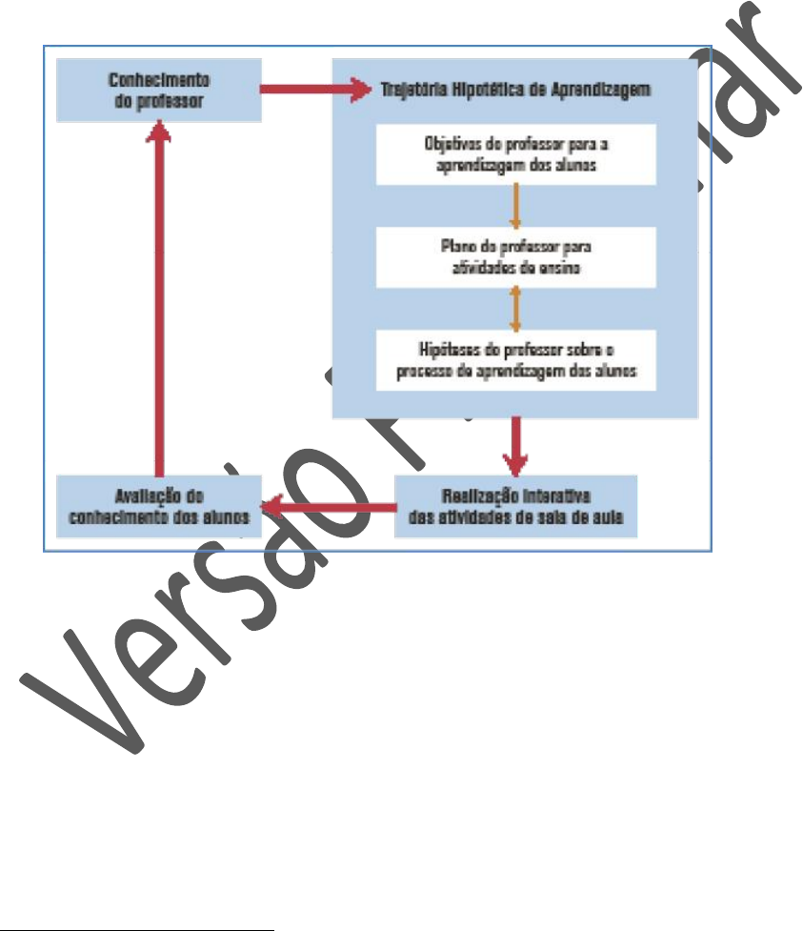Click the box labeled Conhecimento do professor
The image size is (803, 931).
coord(159,91)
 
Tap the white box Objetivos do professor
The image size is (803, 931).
coord(515,153)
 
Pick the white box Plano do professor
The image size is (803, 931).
coord(515,256)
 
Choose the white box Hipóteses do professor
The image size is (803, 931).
coord(515,359)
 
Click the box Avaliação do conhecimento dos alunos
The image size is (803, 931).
coord(158,505)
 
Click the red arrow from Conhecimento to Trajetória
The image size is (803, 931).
coord(314,91)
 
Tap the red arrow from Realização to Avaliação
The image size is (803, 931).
coord(329,509)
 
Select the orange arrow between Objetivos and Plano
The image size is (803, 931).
coord(515,205)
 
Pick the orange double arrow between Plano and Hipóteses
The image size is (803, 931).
coord(515,308)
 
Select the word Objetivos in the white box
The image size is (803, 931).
coord(451,144)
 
